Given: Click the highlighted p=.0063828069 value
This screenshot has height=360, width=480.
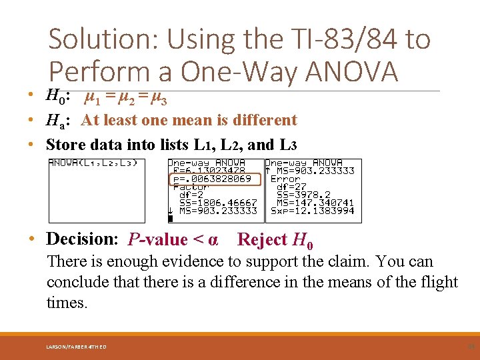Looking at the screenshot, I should [x=212, y=179].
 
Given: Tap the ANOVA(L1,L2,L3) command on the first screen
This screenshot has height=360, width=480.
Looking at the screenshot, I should [x=93, y=163].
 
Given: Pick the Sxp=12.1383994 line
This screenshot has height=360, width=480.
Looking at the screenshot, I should [x=312, y=211].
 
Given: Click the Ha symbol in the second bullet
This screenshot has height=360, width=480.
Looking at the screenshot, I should [x=55, y=121].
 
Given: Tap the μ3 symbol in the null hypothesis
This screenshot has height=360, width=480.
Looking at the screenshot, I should [x=159, y=99].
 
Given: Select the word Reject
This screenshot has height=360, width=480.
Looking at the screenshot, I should [x=262, y=239].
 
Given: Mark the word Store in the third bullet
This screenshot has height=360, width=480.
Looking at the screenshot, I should [x=67, y=144].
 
